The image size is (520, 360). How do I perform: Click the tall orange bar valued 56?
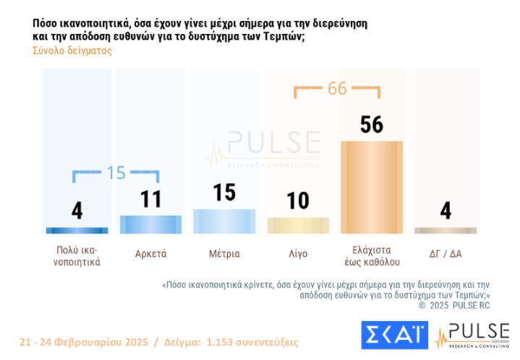[x=372, y=187]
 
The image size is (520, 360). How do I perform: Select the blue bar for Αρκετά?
[x=150, y=224]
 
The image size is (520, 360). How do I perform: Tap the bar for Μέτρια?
[x=224, y=220]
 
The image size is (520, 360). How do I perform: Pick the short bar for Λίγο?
[x=298, y=225]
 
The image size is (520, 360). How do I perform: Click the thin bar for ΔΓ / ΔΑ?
[x=446, y=231]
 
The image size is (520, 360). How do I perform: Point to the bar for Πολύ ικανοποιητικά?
[x=77, y=231]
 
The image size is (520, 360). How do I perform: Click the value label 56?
[x=372, y=124]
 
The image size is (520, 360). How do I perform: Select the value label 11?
[x=150, y=198]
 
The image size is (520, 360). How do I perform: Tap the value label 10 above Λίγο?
[x=298, y=200]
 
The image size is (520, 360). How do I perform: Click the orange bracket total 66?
[x=337, y=88]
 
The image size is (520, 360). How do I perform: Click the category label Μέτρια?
[x=224, y=253]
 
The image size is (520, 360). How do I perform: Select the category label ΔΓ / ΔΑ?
[x=446, y=253]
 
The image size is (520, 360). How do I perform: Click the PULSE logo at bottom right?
[x=473, y=336]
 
